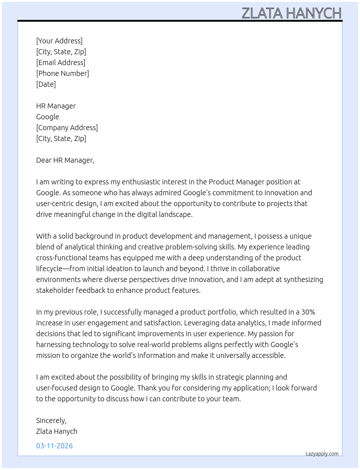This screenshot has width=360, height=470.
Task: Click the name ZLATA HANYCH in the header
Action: point(291,13)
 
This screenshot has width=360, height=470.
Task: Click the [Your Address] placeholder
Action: point(59,41)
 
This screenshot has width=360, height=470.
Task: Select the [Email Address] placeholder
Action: point(61,63)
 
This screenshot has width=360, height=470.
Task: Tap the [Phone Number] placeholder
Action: point(63,73)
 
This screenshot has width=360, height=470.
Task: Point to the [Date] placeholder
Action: point(46,84)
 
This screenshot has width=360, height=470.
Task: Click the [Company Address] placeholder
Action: point(67,128)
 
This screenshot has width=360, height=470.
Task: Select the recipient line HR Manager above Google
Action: point(56,106)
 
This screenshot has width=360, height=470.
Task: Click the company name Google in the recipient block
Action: point(48,117)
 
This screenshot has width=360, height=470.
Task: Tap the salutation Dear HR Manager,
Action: point(65,160)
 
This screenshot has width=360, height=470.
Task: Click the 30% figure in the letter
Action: point(308,312)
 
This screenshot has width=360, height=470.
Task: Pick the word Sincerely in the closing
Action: point(51,420)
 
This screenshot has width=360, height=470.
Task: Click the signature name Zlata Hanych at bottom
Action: point(57,431)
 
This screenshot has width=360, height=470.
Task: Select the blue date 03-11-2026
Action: point(55,446)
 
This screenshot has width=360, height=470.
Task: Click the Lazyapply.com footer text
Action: point(322,454)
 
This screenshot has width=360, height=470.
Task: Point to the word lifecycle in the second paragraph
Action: point(49,269)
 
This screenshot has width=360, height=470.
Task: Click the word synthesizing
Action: point(303,279)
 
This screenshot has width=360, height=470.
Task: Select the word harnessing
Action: point(53,345)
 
